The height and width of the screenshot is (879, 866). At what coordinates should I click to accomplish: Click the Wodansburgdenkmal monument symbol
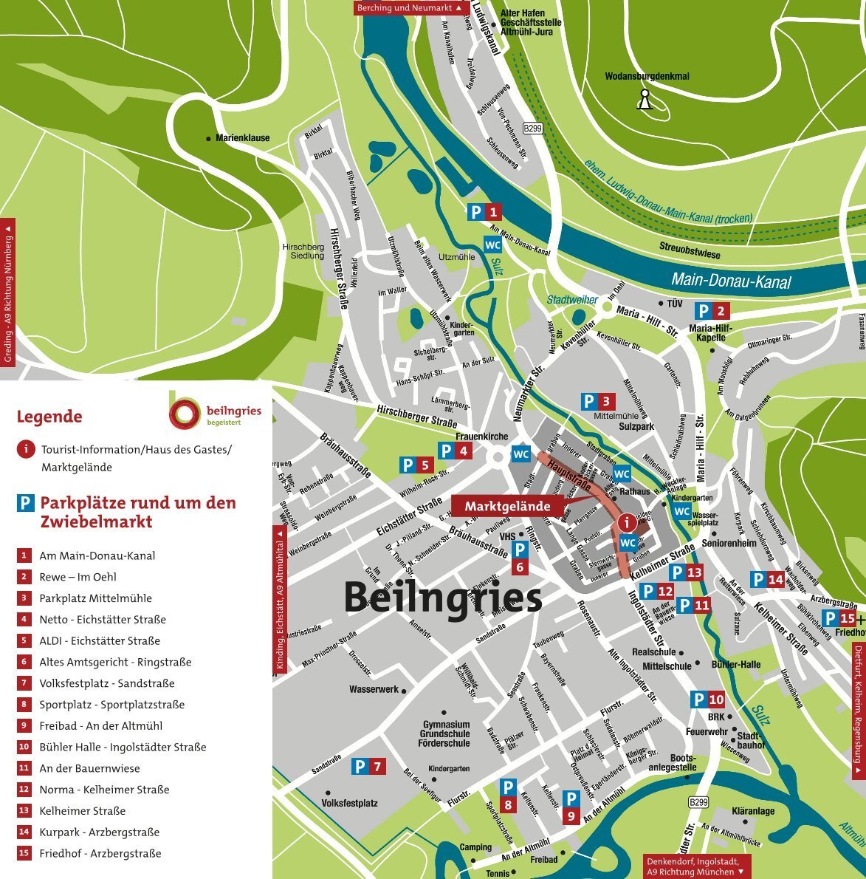645,100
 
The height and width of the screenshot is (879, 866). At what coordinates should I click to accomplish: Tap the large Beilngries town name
443,598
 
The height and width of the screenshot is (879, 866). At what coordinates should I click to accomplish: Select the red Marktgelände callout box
507,506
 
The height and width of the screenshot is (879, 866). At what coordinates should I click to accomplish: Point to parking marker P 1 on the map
485,213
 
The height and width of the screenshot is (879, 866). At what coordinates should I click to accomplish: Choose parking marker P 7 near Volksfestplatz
368,767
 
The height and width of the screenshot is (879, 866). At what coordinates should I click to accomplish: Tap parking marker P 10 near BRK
707,700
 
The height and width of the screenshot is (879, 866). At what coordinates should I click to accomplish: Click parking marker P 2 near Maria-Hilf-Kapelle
713,311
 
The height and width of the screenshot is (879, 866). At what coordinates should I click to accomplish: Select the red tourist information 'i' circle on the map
627,522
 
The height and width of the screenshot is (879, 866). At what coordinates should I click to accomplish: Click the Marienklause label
242,138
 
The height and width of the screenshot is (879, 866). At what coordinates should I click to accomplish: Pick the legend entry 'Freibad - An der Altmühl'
100,726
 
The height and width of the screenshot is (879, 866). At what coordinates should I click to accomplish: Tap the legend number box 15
24,853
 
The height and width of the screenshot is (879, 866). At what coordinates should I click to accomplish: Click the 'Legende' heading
49,417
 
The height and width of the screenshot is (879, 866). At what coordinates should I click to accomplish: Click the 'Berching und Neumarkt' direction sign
411,8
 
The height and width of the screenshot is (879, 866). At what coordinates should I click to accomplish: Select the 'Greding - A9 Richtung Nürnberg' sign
8,292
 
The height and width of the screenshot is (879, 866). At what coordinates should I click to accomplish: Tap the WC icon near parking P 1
492,244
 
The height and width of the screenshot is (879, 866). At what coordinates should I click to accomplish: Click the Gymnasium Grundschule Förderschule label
444,733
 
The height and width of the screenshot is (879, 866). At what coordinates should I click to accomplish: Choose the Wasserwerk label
374,689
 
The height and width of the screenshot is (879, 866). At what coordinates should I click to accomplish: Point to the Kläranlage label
753,811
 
